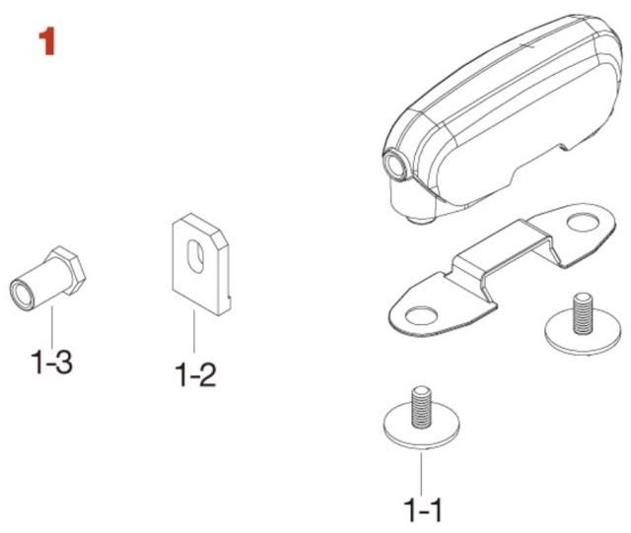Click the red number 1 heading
pyautogui.click(x=47, y=42)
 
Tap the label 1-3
pyautogui.click(x=51, y=362)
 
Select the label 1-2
pyautogui.click(x=195, y=375)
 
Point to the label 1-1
pyautogui.click(x=423, y=510)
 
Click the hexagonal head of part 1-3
pyautogui.click(x=66, y=270)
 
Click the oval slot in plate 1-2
pyautogui.click(x=196, y=256)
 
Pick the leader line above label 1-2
pyautogui.click(x=194, y=331)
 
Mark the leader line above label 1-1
pyautogui.click(x=421, y=474)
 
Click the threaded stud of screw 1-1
pyautogui.click(x=421, y=407)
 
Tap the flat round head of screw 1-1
pyautogui.click(x=422, y=431)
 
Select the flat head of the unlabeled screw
pyautogui.click(x=583, y=336)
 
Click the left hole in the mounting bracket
pyautogui.click(x=422, y=316)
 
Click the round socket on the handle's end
pyautogui.click(x=395, y=165)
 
